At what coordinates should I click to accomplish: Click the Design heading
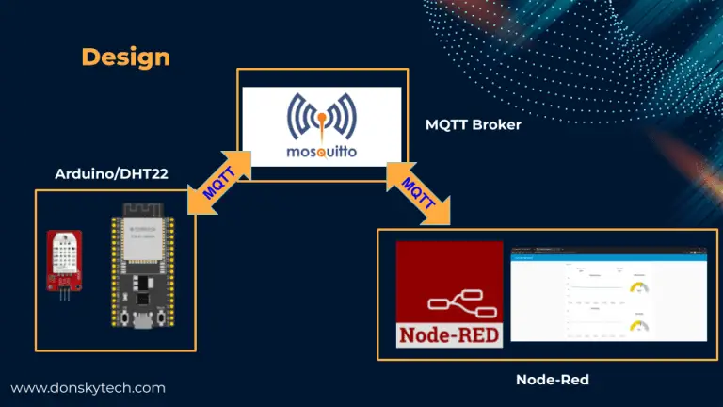pyautogui.click(x=126, y=57)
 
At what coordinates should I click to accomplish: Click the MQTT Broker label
pyautogui.click(x=472, y=124)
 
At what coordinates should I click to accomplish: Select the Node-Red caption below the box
pyautogui.click(x=552, y=379)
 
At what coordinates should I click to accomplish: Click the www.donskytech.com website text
pyautogui.click(x=88, y=387)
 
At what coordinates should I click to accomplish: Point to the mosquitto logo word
pyautogui.click(x=322, y=151)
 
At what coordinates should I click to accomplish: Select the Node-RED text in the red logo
pyautogui.click(x=449, y=334)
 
